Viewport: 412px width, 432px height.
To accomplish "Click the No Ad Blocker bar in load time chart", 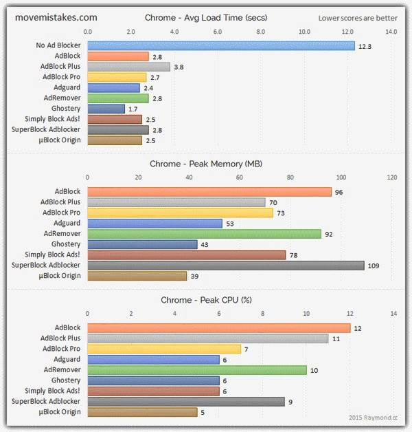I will (221, 45).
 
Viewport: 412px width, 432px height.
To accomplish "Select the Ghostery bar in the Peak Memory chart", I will (142, 244).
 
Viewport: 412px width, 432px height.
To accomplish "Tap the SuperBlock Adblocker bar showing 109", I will (226, 265).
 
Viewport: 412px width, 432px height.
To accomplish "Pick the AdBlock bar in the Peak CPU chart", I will (219, 328).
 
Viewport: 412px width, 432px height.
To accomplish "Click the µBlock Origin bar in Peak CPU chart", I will (142, 412).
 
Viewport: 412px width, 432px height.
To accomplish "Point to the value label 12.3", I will (366, 46).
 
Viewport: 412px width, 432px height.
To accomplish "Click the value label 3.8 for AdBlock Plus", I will (180, 67).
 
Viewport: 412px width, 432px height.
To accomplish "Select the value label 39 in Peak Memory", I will (196, 276).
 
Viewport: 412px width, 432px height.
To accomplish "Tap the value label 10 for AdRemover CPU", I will (314, 370).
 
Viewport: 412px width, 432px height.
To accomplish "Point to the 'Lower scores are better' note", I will (358, 17).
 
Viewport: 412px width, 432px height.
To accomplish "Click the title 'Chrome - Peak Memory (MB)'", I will (206, 164).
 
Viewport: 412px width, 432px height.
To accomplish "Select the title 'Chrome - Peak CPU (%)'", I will (206, 300).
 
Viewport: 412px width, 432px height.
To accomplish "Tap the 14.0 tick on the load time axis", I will (391, 31).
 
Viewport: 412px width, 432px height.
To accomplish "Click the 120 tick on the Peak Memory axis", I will (392, 177).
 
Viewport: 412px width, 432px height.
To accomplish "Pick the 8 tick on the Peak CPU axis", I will (263, 313).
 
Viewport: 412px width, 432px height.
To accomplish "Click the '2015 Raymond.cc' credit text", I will (377, 417).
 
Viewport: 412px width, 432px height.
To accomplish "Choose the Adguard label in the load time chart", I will (67, 87).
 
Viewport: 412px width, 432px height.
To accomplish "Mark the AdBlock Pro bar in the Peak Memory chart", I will (180, 213).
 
